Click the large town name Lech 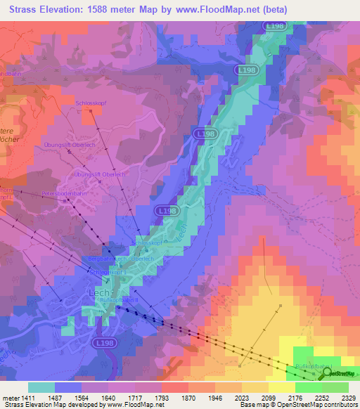[x=97, y=290]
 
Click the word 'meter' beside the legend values [x=12, y=398]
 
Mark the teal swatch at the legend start [x=41, y=387]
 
